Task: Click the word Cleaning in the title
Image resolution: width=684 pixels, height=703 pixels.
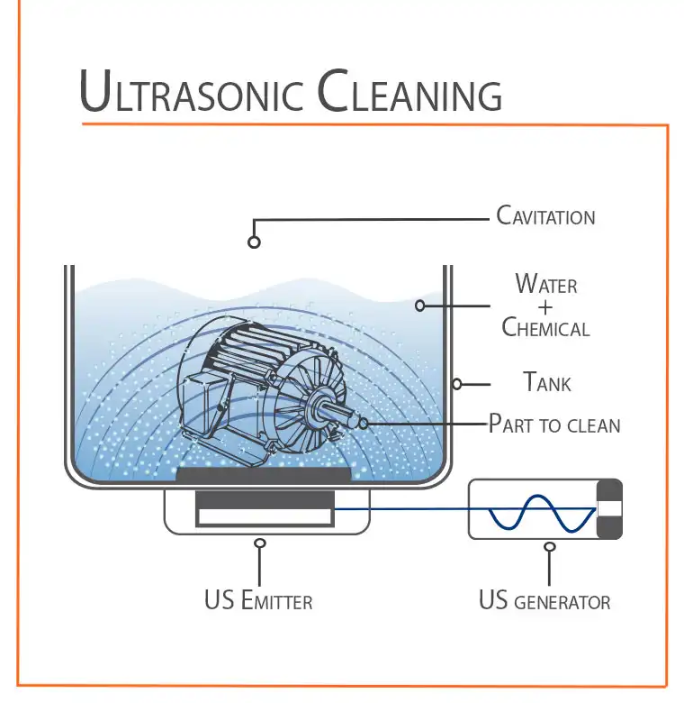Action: pos(409,93)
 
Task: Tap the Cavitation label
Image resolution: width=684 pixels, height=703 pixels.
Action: pos(545,216)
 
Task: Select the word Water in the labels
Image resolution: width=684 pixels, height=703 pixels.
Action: pos(546,285)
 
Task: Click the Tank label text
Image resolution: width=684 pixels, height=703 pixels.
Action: pos(547,382)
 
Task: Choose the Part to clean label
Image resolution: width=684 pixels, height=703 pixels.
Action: pos(554,423)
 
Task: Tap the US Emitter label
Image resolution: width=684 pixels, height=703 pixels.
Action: pos(259,600)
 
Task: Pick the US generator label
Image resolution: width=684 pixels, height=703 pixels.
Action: pos(544,600)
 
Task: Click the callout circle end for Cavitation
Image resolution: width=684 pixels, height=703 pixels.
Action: pos(255,242)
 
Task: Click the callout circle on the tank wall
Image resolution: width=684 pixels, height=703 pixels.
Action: pos(457,384)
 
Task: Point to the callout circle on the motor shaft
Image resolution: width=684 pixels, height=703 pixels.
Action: pos(364,422)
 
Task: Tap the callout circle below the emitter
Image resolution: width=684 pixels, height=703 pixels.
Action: pos(260,543)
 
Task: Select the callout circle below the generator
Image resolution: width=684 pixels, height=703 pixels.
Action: pos(550,545)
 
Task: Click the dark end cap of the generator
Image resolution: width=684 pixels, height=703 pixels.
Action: pos(609,509)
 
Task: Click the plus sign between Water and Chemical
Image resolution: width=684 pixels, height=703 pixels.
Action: pos(546,306)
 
